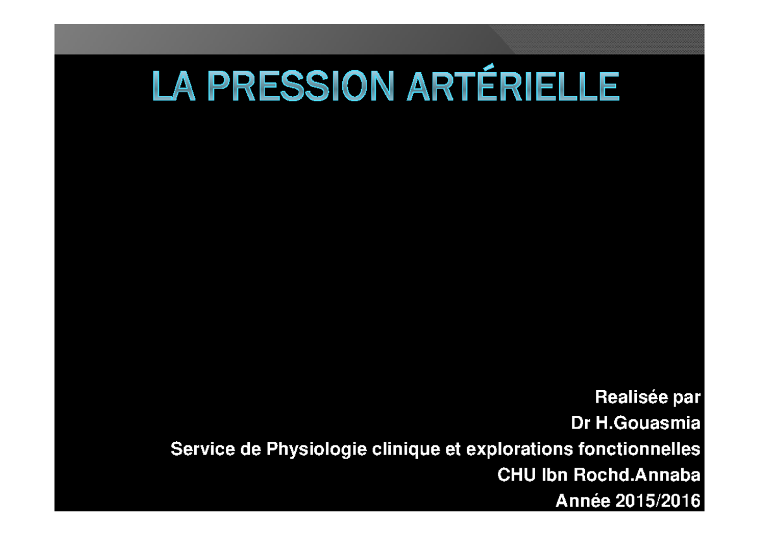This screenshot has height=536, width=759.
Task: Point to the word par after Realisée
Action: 686,398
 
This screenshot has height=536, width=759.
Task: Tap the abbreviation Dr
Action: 581,423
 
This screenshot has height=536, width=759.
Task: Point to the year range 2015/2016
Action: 658,501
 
